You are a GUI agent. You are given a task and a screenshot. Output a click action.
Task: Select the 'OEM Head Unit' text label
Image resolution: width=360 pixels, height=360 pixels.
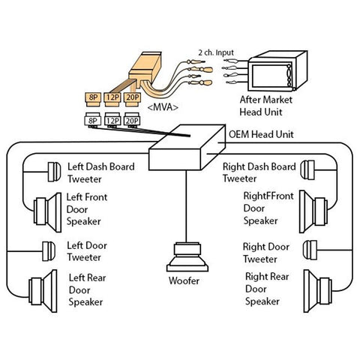click(x=259, y=135)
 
